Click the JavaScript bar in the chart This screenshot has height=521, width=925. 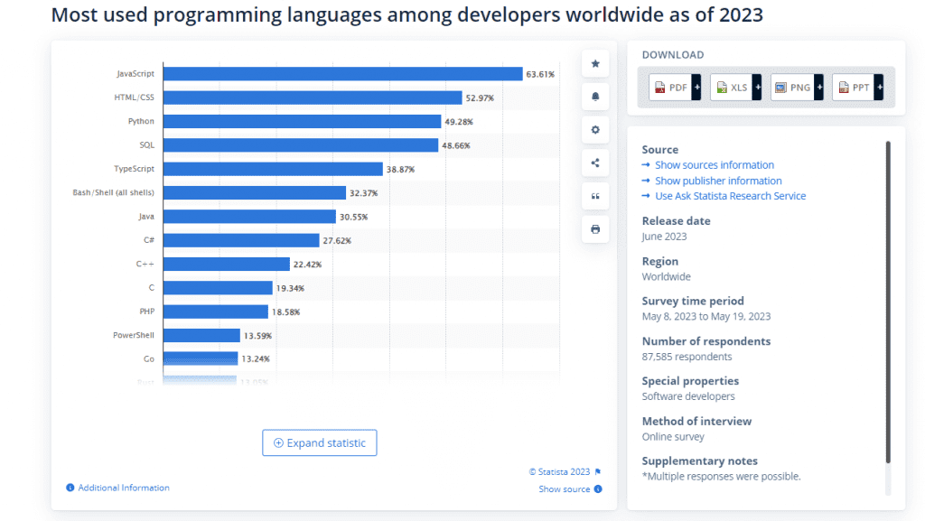pos(342,74)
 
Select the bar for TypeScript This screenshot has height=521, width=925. pos(273,169)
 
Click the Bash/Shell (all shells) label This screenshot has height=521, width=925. pos(113,192)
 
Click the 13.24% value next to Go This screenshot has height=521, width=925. pos(257,359)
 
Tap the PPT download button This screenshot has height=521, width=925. pos(857,88)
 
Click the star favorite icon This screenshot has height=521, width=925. pos(595,63)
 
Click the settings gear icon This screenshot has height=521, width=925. pos(595,130)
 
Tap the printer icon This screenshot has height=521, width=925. pos(595,229)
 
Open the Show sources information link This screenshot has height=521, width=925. pos(714,165)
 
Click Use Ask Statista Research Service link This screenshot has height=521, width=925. pos(730,196)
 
